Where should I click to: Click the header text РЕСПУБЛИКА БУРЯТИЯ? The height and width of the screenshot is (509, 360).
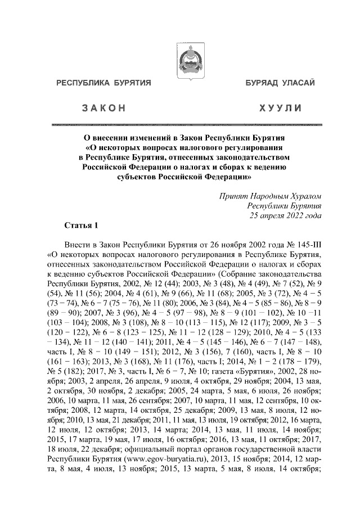[103, 84]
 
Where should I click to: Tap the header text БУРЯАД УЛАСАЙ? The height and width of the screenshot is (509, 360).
[280, 84]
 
